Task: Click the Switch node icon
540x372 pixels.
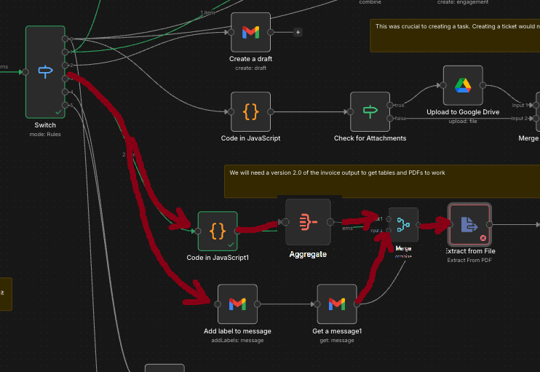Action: click(x=45, y=71)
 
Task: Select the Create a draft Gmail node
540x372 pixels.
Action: click(x=250, y=32)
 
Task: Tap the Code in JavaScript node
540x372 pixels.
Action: click(x=250, y=111)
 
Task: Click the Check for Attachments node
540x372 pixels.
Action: click(x=370, y=111)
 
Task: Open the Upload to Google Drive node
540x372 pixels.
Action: click(x=463, y=85)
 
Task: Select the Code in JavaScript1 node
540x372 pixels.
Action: click(x=218, y=231)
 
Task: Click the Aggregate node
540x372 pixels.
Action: click(x=308, y=222)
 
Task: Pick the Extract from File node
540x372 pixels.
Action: click(x=469, y=224)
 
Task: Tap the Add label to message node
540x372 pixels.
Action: click(x=237, y=304)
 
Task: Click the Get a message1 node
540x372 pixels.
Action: click(x=336, y=304)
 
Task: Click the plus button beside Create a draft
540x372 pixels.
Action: click(x=297, y=32)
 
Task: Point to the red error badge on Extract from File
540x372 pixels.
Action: click(x=483, y=238)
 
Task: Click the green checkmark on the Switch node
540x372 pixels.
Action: click(x=57, y=111)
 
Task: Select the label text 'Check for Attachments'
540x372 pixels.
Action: click(x=370, y=138)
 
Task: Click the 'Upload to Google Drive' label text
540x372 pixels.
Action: click(x=463, y=111)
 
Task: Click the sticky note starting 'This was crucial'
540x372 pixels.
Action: click(x=451, y=35)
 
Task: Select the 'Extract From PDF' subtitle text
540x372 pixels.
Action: click(x=469, y=260)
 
